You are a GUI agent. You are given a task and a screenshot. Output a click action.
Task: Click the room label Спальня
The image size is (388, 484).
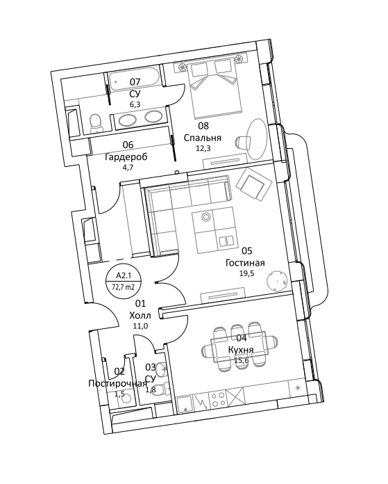[x=203, y=138]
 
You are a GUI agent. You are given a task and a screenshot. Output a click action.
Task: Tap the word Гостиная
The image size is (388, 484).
[x=245, y=263]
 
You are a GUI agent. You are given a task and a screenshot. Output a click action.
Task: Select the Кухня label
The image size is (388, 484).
[x=241, y=350]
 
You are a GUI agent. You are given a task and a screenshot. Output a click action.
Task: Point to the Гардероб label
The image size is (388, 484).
[x=126, y=156]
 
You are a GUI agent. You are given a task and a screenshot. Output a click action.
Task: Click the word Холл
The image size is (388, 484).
[x=140, y=316]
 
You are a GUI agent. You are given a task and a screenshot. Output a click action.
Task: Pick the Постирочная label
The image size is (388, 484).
[x=117, y=384]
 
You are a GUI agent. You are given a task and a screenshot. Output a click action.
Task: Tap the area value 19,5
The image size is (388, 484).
[x=246, y=273]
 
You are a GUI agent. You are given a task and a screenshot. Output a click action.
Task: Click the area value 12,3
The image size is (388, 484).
[x=203, y=148]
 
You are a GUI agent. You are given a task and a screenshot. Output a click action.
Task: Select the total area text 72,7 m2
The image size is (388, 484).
[x=123, y=287]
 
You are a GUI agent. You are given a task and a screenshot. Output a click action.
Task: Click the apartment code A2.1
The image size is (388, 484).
[x=123, y=275]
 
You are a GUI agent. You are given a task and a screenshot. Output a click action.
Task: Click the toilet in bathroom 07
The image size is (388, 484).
[x=95, y=124]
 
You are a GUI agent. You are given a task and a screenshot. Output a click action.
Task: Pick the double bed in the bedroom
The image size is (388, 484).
[x=214, y=88]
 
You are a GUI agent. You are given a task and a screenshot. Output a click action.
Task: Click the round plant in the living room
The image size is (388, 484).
[x=276, y=280]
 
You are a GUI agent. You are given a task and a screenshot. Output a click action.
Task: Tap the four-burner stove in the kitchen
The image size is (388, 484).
[x=217, y=401]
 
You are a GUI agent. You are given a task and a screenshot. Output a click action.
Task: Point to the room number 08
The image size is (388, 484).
[x=203, y=126]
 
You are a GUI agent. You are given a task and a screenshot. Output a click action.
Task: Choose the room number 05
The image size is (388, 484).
[x=246, y=250]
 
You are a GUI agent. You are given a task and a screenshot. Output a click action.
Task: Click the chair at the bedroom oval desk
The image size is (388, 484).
[x=244, y=143]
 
